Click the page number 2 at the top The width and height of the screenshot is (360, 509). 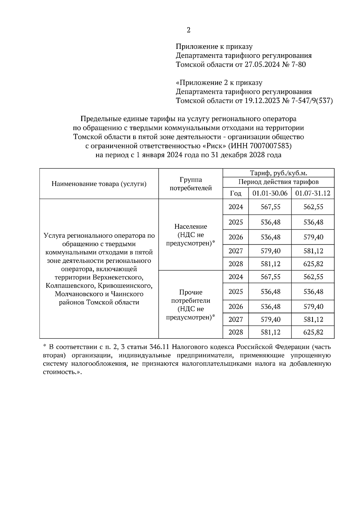click(188, 30)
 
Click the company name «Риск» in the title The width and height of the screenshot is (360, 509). click(214, 146)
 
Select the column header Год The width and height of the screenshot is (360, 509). click(235, 193)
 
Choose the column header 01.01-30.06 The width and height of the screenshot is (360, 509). click(270, 193)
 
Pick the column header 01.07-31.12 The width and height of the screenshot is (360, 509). click(313, 193)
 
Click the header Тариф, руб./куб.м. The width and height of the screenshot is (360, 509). click(278, 173)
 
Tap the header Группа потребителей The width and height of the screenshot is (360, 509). click(191, 184)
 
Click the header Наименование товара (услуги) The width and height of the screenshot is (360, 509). click(99, 184)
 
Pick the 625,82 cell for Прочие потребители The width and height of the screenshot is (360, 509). click(313, 332)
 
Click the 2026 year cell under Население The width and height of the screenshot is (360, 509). click(236, 237)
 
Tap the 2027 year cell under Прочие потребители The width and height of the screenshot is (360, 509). click(236, 320)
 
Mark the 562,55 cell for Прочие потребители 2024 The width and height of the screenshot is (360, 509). click(313, 277)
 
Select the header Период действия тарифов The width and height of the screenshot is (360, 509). click(278, 182)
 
